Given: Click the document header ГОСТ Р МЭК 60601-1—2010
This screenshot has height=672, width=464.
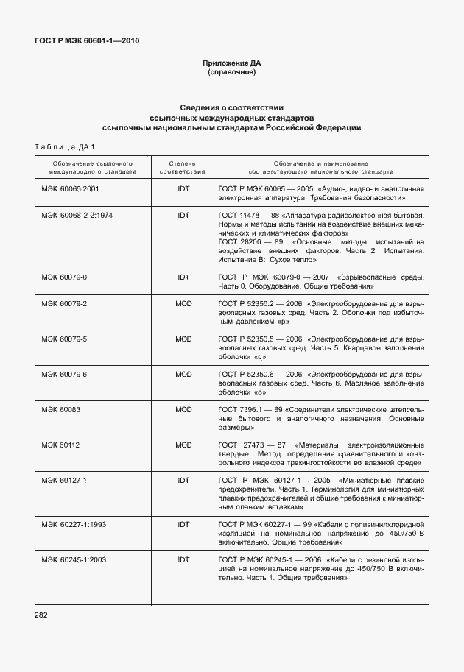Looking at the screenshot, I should point(88,40).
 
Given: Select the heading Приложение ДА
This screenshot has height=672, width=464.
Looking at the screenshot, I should point(232,63).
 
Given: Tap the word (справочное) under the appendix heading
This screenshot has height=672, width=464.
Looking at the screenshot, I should point(232,73).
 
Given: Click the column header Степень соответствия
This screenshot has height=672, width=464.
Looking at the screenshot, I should point(183,166).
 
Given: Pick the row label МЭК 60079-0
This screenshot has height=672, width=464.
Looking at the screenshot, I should point(64,277).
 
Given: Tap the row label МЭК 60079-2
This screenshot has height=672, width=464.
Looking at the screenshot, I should point(64,303).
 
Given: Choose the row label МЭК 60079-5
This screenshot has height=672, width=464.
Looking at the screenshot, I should point(64,339).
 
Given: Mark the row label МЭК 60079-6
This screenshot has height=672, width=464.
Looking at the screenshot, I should point(64,374).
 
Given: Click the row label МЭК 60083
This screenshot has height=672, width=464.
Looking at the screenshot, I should point(61,409).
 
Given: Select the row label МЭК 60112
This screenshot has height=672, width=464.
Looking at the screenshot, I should point(61,445).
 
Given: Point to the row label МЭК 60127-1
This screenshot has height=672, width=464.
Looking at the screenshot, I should point(64,480).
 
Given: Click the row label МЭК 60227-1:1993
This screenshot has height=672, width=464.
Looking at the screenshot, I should point(74,524).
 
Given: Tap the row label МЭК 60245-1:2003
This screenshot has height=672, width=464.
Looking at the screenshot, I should point(74,559).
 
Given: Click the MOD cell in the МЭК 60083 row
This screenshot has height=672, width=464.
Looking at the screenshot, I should point(183,409).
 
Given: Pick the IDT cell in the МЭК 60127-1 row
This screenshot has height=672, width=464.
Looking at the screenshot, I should point(183,480).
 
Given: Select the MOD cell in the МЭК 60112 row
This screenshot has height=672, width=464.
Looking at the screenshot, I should point(183,445).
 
